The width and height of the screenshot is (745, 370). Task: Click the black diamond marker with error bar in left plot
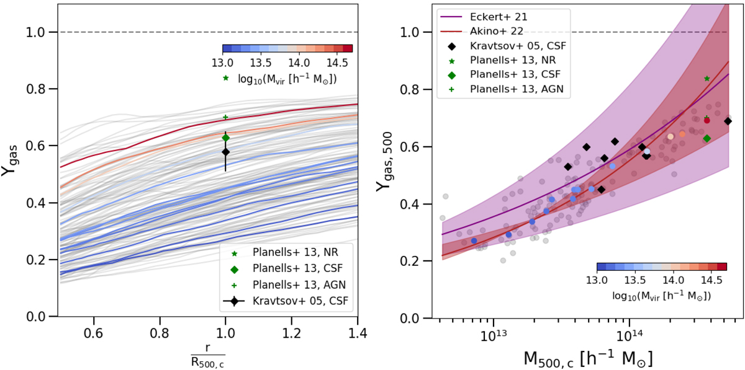(x=225, y=151)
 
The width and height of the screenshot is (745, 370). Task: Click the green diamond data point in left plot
(x=225, y=138)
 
